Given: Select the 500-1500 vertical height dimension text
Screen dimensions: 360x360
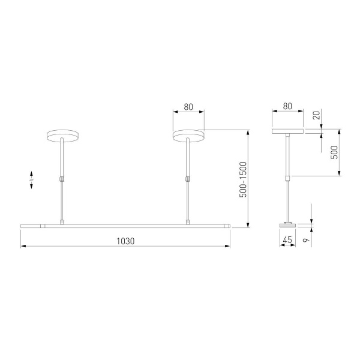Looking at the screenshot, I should coord(243,179).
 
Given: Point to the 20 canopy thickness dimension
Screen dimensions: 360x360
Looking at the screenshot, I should coord(316,115).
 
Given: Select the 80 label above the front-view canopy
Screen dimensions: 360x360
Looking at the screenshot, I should coord(188,107).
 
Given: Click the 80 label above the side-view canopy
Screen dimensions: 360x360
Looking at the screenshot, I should coord(287,107).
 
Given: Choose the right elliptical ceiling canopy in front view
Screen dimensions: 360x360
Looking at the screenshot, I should coord(188,136).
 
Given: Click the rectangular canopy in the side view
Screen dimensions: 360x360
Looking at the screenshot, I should coord(287,130).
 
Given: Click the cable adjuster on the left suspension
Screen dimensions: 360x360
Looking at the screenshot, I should coord(62,178).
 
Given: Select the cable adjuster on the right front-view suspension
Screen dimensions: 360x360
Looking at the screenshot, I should coord(188,178).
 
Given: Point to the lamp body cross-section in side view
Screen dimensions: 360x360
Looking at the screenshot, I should coord(287,226).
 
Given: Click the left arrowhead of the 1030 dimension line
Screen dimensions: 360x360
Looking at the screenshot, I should coord(23,246).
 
